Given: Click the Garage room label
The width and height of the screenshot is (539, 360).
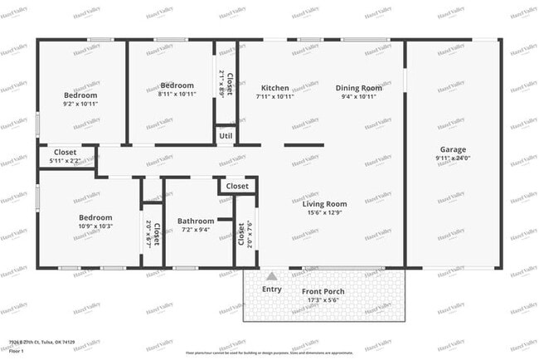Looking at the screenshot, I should tap(453, 149).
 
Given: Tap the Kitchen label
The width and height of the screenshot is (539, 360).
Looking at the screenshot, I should tap(275, 88).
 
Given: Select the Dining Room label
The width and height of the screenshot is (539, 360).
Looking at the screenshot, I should tap(358, 88).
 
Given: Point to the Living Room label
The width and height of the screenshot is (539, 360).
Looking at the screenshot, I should tap(324, 204).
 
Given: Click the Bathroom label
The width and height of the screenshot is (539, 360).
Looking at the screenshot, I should tap(196, 221).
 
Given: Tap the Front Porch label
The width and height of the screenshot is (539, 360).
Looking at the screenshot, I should tap(323, 292).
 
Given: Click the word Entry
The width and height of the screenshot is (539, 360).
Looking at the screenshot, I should tap(271, 289).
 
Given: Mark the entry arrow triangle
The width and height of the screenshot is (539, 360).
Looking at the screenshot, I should tap(271, 276).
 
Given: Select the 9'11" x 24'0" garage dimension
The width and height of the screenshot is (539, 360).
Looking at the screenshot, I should tap(453, 158).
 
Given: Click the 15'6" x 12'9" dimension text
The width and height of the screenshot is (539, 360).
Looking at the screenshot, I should tap(324, 213).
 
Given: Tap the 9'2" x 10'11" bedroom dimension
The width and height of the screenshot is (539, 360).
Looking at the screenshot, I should tap(80, 104).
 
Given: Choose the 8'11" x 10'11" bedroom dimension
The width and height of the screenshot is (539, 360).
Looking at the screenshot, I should tap(177, 95).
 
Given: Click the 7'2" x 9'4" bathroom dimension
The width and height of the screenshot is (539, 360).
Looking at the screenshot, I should tap(196, 230).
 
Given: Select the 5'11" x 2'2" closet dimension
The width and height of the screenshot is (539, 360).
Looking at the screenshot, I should tap(66, 161).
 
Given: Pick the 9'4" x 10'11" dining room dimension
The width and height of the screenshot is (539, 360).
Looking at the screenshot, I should tap(358, 97).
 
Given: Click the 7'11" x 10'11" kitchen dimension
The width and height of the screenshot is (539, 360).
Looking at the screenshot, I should tap(275, 97).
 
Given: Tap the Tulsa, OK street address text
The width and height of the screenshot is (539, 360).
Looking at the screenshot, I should tap(41, 343).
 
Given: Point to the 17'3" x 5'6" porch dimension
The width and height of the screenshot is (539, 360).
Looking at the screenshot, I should tap(323, 300).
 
